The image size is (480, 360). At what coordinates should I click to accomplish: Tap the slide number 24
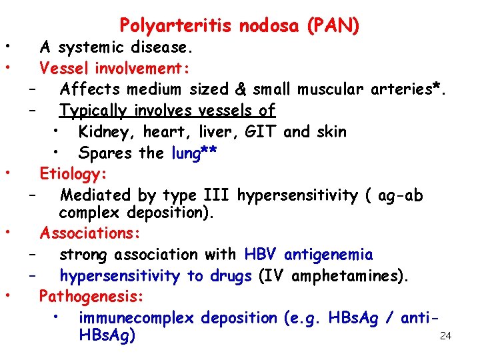point(446,336)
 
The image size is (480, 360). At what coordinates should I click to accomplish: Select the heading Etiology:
point(73,174)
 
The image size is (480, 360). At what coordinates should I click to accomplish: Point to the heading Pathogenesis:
point(91,295)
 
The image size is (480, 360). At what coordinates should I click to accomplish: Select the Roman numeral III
point(214,195)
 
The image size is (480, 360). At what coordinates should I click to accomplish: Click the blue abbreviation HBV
point(261,254)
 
